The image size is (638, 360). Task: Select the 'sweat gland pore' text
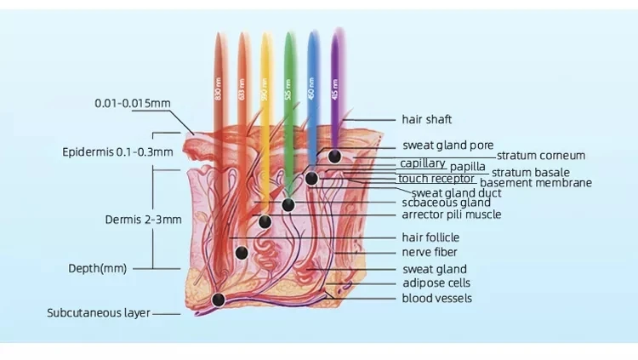(448, 146)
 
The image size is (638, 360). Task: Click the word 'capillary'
(422, 163)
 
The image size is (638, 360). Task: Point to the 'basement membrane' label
(536, 183)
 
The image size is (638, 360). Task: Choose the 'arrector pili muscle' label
(452, 214)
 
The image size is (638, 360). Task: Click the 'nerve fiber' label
(430, 252)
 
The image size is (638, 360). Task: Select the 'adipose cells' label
(436, 283)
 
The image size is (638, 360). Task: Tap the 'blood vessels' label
(436, 298)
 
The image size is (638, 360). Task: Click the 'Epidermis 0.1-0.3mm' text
(117, 152)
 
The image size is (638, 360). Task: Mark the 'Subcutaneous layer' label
(99, 313)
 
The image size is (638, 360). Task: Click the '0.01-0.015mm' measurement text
(132, 104)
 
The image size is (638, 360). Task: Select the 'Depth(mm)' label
(97, 268)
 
